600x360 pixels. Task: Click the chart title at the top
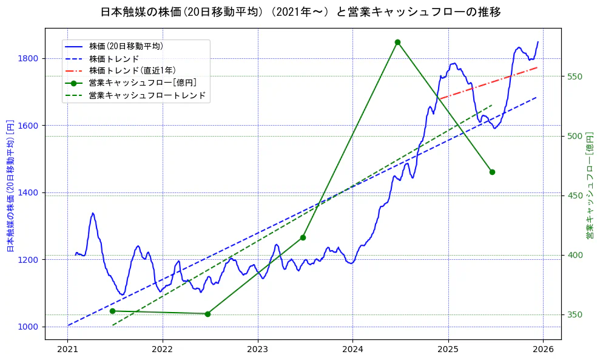pyautogui.click(x=300, y=12)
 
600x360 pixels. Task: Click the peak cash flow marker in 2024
pyautogui.click(x=397, y=42)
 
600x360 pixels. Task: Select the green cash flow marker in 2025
pyautogui.click(x=492, y=172)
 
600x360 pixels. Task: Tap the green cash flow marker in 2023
pyautogui.click(x=303, y=237)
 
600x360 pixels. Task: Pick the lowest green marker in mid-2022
pyautogui.click(x=207, y=314)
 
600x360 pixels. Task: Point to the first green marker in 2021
pyautogui.click(x=112, y=311)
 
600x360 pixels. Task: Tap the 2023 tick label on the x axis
pyautogui.click(x=258, y=350)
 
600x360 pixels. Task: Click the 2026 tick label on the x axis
pyautogui.click(x=543, y=350)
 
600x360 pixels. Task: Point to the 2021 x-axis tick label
pyautogui.click(x=68, y=350)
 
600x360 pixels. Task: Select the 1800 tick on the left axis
pyautogui.click(x=30, y=58)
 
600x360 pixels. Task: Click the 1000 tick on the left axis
pyautogui.click(x=30, y=327)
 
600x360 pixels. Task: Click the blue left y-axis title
pyautogui.click(x=10, y=185)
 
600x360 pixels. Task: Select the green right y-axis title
pyautogui.click(x=589, y=185)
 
